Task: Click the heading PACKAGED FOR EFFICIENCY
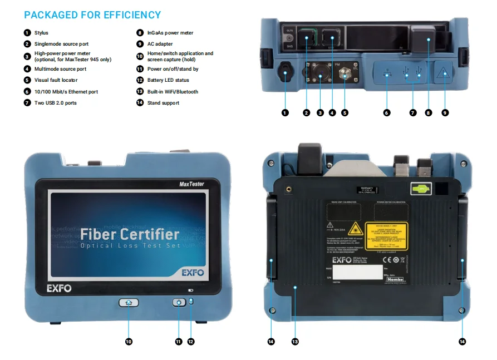(x=92, y=15)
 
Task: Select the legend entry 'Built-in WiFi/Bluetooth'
(x=173, y=92)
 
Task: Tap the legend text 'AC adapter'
(x=160, y=44)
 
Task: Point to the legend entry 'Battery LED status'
(x=168, y=80)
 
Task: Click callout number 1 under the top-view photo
(x=285, y=113)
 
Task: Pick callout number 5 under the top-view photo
(x=345, y=113)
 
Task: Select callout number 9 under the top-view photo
(x=445, y=113)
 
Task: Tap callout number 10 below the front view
(x=129, y=342)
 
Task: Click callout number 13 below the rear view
(x=295, y=342)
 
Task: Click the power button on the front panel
(x=179, y=303)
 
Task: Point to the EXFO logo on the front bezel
(x=58, y=289)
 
